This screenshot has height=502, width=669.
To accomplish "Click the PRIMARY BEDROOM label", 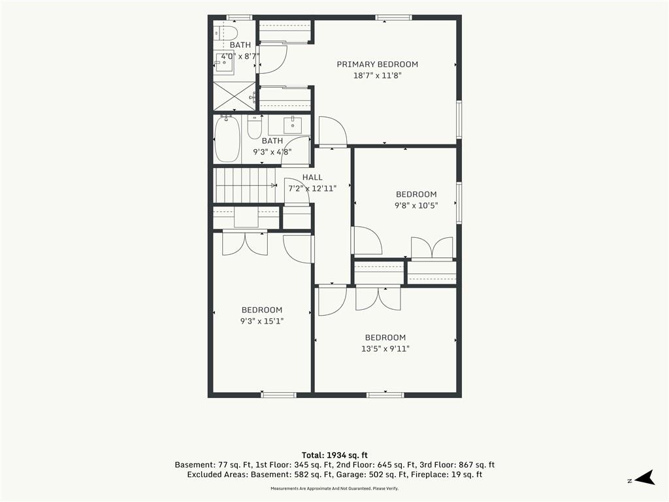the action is point(377,65).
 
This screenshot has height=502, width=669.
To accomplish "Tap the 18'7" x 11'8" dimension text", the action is point(377,76).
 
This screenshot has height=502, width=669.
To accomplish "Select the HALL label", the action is point(312,177).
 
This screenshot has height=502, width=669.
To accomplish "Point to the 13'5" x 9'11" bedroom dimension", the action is point(385,349).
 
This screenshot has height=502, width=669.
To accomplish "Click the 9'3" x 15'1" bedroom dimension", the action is point(262,321).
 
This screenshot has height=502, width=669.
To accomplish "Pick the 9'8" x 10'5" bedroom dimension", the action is point(416,205).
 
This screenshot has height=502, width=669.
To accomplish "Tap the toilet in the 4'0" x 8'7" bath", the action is point(227,33).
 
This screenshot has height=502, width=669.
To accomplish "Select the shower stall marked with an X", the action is point(234,97).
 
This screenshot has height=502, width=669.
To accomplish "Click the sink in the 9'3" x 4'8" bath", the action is point(292,125).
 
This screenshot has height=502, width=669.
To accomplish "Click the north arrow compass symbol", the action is point(645,478).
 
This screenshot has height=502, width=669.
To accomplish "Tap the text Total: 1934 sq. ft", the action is point(334,455).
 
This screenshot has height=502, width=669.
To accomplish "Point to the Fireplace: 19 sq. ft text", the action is point(449,475).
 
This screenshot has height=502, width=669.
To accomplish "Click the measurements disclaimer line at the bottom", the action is point(334,488).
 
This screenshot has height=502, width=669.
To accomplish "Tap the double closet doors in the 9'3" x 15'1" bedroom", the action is point(245,244).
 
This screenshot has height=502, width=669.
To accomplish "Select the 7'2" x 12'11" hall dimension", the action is point(312,188).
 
